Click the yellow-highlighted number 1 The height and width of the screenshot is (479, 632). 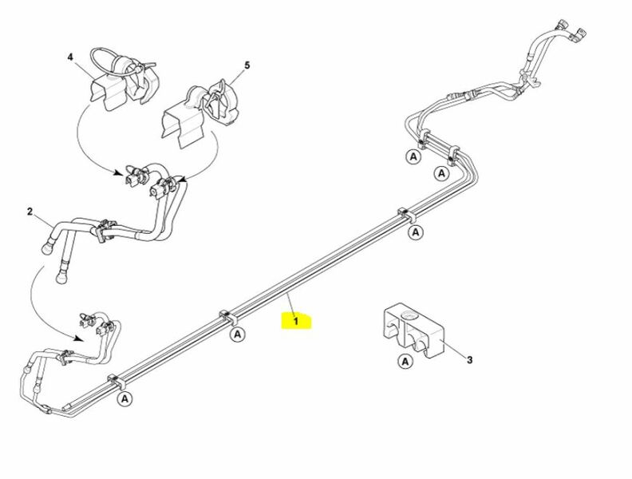(296, 322)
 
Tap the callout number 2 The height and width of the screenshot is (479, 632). (30, 212)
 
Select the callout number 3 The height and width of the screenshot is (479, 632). (469, 360)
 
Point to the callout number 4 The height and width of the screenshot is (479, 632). (70, 57)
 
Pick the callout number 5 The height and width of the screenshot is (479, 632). (247, 65)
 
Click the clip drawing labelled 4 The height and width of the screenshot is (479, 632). (123, 79)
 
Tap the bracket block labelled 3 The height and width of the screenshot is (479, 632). (413, 331)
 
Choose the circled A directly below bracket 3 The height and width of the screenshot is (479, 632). (405, 361)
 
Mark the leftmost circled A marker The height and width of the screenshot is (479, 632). (125, 399)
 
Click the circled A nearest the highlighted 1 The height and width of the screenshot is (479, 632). (238, 335)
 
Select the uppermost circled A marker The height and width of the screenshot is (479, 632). (413, 156)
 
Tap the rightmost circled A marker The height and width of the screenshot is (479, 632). (442, 173)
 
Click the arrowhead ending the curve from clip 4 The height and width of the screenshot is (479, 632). (117, 173)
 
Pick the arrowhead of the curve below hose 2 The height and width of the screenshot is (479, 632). (79, 338)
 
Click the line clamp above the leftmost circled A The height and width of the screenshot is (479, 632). (116, 382)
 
